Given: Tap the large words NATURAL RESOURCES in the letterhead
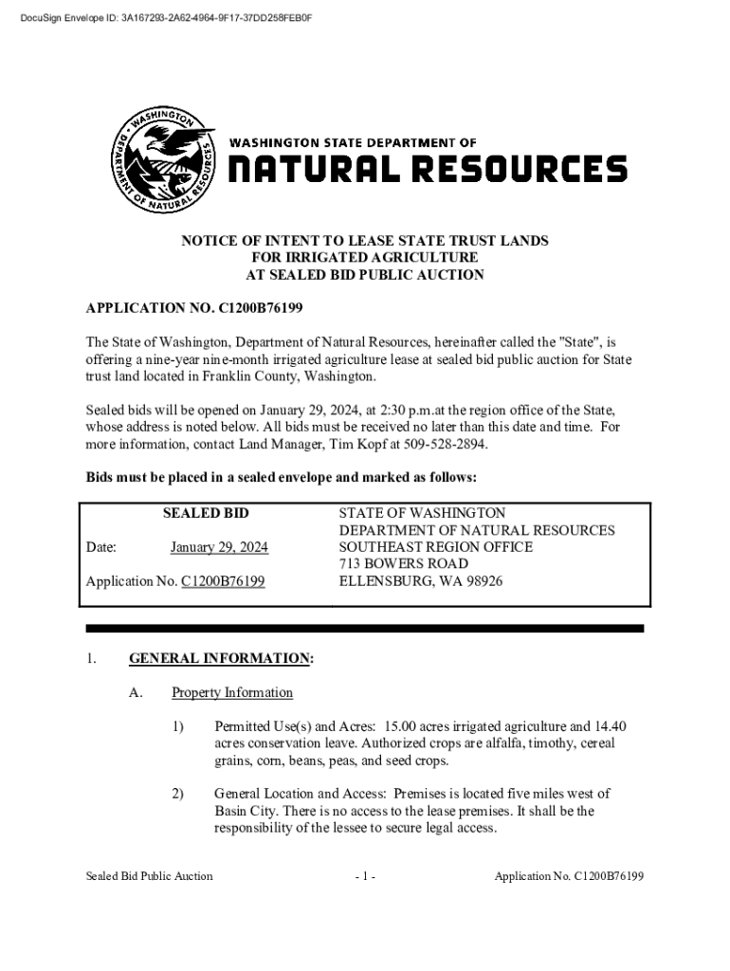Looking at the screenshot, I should coord(427,170).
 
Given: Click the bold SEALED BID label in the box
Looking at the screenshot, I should coord(206,513).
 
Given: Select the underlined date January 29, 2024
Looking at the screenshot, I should coord(219,547).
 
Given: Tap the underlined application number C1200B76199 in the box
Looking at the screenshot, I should coord(223,581).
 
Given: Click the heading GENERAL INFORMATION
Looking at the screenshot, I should coord(219,658).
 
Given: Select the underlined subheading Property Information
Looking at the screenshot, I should coord(232,692).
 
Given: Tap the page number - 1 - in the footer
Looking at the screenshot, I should coord(365,876).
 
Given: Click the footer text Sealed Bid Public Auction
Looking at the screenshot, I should coord(149,876).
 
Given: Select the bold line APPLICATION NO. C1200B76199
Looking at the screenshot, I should coord(194,309).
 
